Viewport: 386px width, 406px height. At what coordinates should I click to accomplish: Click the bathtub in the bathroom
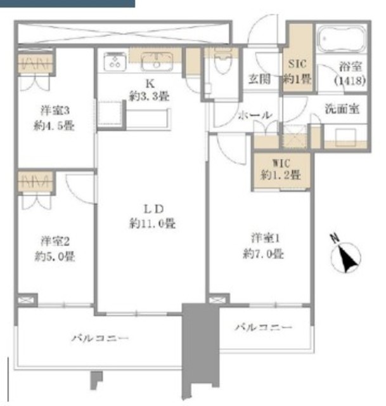tap(342, 39)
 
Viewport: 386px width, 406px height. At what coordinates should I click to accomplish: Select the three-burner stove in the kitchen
tap(115, 62)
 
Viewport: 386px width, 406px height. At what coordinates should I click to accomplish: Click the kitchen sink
tap(157, 62)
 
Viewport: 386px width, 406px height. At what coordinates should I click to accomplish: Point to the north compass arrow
tap(346, 257)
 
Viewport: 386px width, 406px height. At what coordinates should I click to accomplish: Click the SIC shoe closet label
tap(297, 71)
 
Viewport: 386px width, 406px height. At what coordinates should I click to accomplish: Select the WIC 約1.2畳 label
tap(281, 169)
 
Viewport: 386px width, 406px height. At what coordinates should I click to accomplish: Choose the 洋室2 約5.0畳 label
tap(55, 249)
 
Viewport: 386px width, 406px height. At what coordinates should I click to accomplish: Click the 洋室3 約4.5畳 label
tap(55, 119)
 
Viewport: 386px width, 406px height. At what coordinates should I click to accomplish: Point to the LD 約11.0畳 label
tap(153, 216)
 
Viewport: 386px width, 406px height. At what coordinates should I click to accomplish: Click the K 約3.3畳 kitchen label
tap(150, 90)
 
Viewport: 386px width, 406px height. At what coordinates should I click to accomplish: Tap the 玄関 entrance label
tap(259, 79)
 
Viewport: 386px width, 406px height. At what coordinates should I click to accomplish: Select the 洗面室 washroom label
tap(342, 108)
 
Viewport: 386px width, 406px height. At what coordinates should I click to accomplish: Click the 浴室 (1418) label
tap(350, 74)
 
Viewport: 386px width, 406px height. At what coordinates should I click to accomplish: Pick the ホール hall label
tap(255, 115)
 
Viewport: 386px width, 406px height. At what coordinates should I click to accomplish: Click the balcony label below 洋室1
tap(264, 327)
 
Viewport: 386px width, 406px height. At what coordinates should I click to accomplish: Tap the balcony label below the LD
tap(100, 338)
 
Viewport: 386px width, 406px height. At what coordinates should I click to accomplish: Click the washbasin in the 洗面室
tap(345, 138)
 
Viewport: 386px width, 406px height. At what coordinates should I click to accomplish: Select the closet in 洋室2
tap(36, 181)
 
